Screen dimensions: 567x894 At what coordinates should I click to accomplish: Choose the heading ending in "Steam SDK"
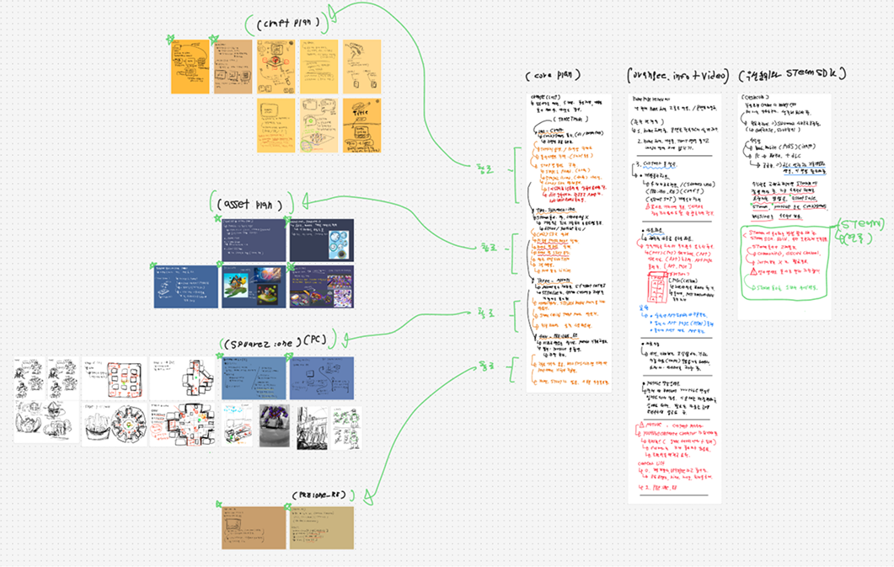(x=791, y=75)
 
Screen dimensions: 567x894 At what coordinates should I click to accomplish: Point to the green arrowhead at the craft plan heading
(x=334, y=12)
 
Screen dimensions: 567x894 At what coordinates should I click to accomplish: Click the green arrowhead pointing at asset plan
(x=302, y=203)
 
